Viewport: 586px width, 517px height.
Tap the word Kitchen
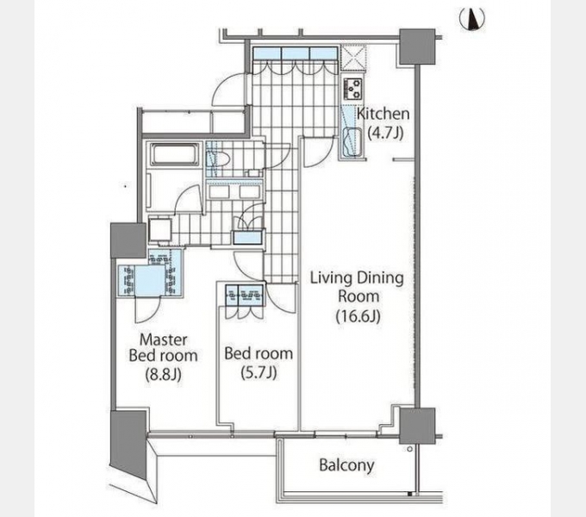coord(383,114)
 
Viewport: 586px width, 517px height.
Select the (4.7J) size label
coord(385,133)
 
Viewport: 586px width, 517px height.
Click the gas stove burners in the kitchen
coord(353,89)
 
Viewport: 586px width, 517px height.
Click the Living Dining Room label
coord(358,287)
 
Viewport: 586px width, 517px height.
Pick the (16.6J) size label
coord(358,316)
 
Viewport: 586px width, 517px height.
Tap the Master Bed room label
coord(164,347)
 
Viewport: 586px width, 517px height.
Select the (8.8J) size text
coord(164,374)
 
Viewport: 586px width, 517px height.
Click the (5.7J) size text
coord(259,372)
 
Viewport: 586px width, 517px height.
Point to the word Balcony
coord(346,465)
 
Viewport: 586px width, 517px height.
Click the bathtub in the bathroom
coord(173,154)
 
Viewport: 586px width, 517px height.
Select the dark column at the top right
coord(417,47)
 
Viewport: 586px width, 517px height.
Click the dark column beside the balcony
coord(417,426)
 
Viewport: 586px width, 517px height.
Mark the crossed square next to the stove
coord(353,58)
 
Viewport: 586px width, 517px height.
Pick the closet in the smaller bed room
coord(245,295)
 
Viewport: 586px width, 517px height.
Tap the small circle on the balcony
coord(410,449)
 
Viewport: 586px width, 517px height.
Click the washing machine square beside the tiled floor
coord(160,229)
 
